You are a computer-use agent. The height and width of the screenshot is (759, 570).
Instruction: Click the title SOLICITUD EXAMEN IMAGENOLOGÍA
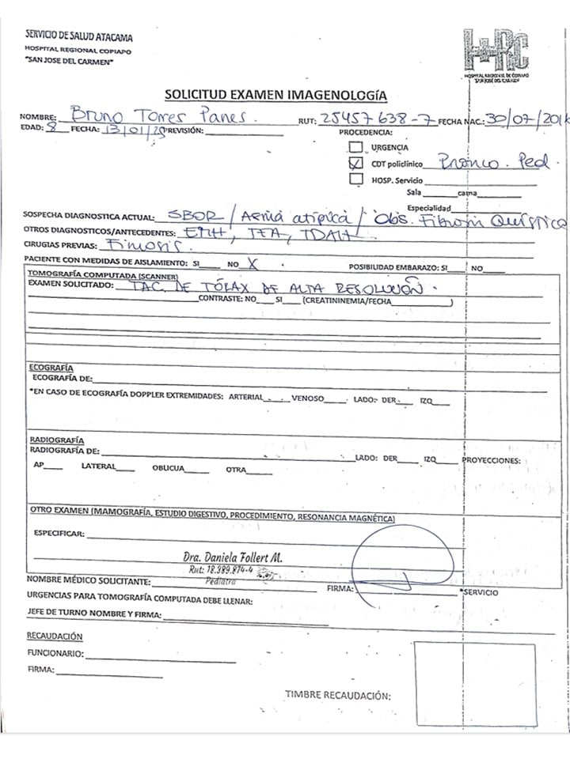coord(275,95)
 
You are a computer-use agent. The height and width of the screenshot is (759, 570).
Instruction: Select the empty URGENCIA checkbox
coord(355,146)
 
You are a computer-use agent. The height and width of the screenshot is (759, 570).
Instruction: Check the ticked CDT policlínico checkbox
coord(355,164)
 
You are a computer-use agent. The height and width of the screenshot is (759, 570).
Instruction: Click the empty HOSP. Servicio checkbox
coord(355,179)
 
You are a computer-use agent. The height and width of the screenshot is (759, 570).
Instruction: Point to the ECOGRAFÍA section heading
coord(51,368)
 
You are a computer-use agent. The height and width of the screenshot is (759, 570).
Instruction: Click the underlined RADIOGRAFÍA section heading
coord(56,440)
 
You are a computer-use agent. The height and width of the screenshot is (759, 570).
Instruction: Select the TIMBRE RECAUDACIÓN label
coord(338,674)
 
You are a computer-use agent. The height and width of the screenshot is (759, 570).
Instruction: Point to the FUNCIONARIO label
coord(55,653)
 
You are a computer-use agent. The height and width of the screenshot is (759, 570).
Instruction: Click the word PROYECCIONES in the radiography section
coord(492,460)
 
